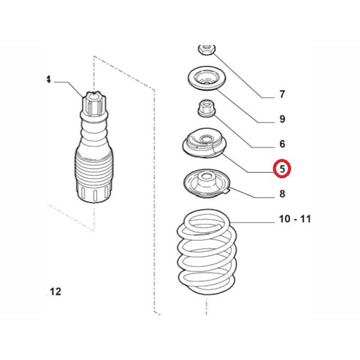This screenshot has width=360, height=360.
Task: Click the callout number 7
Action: [x=282, y=94]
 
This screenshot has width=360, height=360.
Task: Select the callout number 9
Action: [x=282, y=119]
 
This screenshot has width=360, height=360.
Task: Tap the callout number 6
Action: [x=282, y=144]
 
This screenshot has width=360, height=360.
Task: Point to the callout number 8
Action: [x=282, y=194]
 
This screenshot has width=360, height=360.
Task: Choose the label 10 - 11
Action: [x=295, y=219]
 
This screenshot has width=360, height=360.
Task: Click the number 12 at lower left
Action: [x=55, y=292]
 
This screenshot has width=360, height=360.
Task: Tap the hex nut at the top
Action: [x=205, y=50]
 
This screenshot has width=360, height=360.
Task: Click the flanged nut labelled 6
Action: [x=206, y=109]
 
